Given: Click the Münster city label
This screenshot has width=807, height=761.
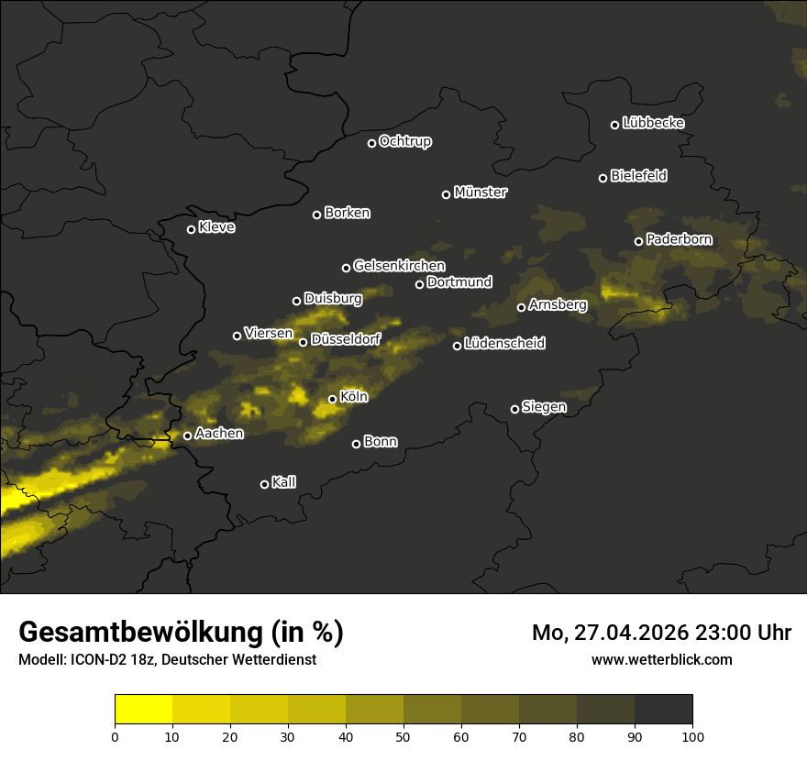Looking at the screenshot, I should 481,193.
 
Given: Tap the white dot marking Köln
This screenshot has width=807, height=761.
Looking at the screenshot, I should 333,399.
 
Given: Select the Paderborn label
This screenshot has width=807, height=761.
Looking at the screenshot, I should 680,239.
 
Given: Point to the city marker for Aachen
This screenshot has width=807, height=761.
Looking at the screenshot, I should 188,436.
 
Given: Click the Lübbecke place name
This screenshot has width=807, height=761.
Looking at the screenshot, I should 653,123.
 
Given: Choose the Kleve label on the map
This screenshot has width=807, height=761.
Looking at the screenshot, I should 216,227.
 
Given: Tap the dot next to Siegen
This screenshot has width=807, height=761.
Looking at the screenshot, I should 514,409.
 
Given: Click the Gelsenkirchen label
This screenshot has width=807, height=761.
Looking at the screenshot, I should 399,266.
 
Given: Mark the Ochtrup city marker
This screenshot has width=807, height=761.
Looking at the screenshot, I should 371,143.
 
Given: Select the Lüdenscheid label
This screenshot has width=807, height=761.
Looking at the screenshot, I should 504,344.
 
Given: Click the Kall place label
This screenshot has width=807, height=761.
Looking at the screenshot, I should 284,482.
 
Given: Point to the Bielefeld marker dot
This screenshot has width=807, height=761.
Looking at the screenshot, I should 602,178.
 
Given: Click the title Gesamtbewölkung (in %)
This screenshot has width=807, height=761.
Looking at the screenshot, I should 182,633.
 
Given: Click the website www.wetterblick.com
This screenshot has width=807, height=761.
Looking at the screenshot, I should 662,659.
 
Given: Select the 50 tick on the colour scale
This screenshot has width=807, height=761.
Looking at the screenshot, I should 403,736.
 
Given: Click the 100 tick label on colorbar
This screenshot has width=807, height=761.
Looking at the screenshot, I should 692,736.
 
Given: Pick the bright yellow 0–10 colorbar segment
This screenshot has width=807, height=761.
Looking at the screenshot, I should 144,710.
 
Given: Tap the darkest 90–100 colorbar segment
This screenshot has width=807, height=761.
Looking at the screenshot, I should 663,710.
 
